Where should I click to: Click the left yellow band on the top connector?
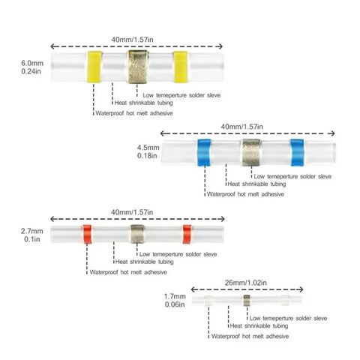point(94,67)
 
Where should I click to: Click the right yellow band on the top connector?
point(181,67)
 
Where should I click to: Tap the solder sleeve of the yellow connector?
point(137,67)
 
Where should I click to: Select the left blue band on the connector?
point(204,152)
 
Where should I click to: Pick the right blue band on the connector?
point(298,152)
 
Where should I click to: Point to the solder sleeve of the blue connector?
point(251,152)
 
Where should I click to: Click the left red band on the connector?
point(87,234)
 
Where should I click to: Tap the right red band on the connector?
point(187,234)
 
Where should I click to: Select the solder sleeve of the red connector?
point(137,234)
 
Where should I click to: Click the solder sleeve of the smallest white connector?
point(247,300)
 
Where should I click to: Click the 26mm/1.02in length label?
point(246,283)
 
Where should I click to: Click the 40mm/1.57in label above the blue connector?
point(242,127)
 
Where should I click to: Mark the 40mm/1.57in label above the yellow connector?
point(133,40)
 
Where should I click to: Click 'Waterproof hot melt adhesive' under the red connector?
point(128,272)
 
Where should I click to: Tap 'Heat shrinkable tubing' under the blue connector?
point(256,184)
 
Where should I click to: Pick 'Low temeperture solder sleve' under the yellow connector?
point(181,95)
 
